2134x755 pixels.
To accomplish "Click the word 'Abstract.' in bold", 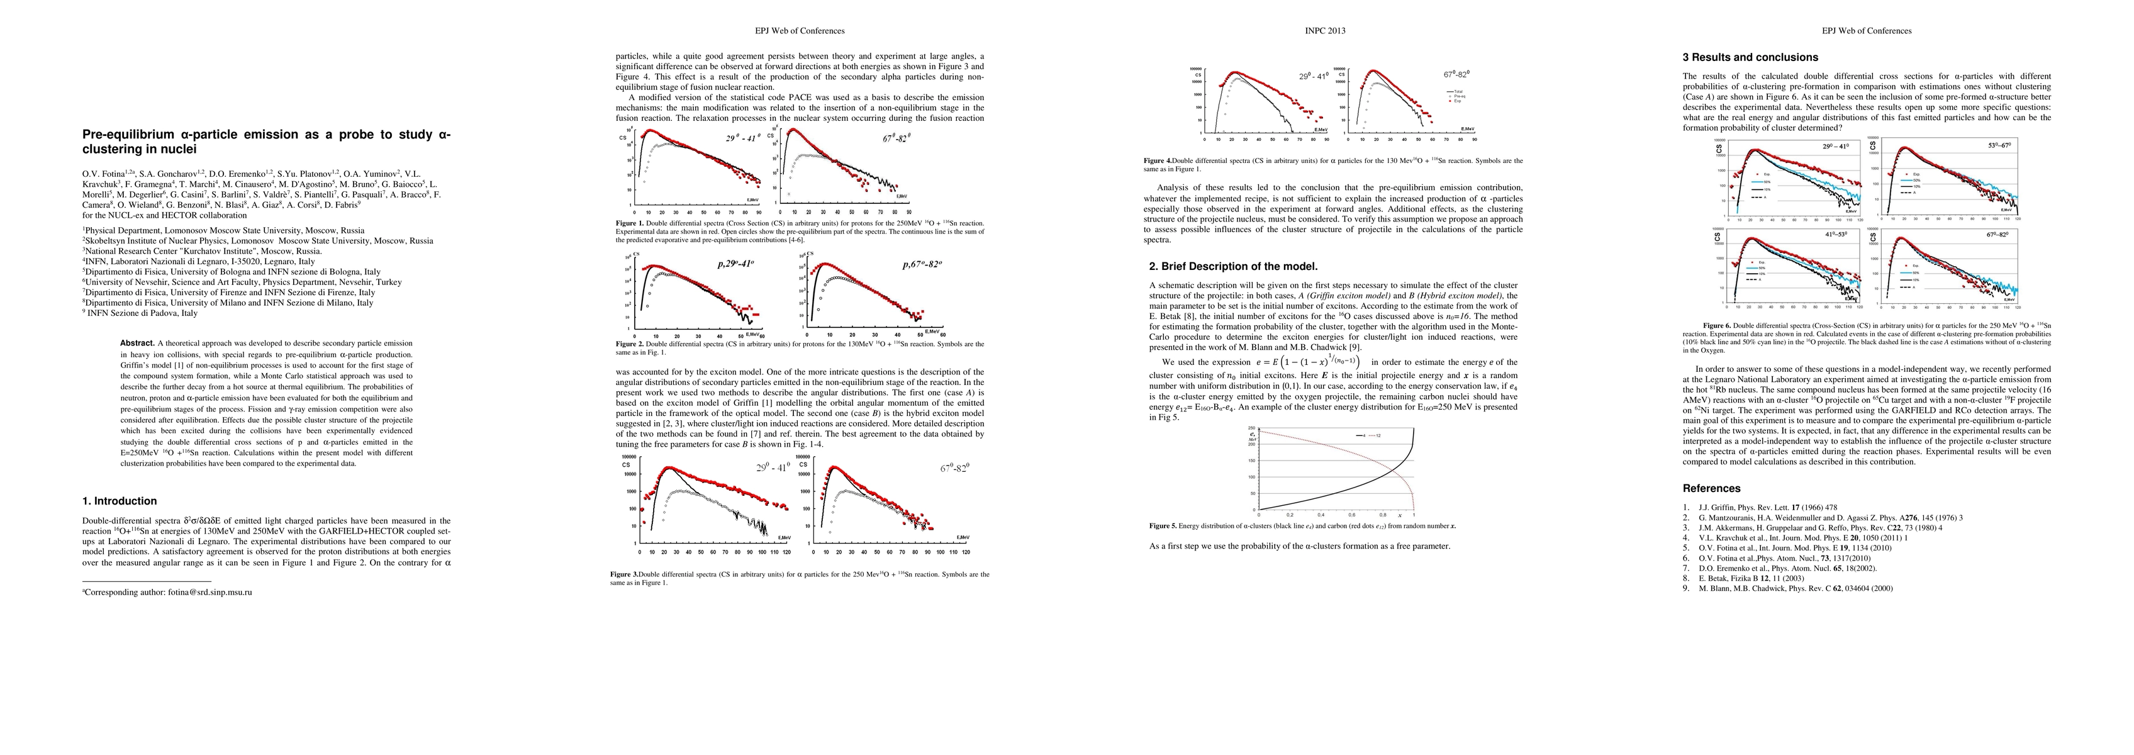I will [137, 343].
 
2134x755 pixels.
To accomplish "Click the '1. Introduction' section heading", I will [120, 501].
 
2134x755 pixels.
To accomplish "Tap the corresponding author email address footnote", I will [170, 593].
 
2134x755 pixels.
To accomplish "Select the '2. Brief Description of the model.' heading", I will [1232, 266].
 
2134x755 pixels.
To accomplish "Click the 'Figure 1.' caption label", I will [630, 223].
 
